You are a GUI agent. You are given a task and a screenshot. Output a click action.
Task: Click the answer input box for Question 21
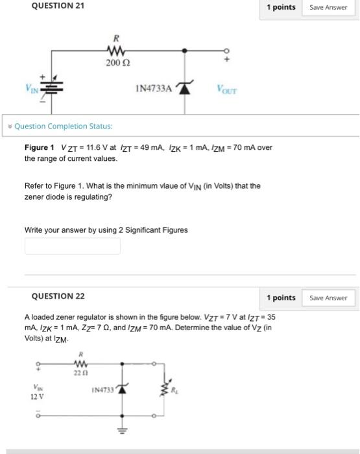click(73, 246)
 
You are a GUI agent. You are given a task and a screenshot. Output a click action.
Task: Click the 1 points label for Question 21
click(281, 7)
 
